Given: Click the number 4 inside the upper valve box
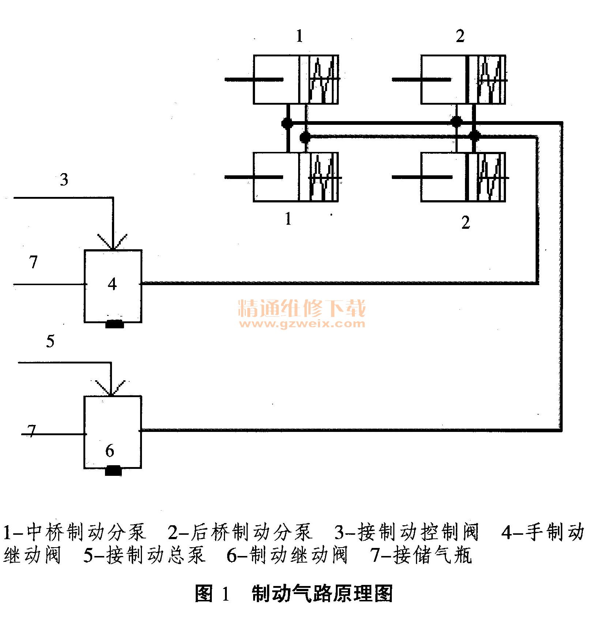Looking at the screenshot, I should pyautogui.click(x=112, y=284).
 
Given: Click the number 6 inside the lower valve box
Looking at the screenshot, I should pyautogui.click(x=110, y=451).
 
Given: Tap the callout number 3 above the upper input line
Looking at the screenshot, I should pyautogui.click(x=64, y=180).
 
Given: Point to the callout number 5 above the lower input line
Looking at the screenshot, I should pyautogui.click(x=50, y=341).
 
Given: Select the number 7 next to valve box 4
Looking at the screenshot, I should pyautogui.click(x=33, y=262).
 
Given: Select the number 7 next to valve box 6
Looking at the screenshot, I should pyautogui.click(x=32, y=431).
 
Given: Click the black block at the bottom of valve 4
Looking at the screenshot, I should pyautogui.click(x=115, y=324).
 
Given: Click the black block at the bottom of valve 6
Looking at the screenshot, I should pyautogui.click(x=113, y=470).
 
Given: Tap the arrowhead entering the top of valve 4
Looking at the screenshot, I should pyautogui.click(x=113, y=243).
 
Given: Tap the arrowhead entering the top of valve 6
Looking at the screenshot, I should pyautogui.click(x=110, y=389).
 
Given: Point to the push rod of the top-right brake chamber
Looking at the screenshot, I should pyautogui.click(x=421, y=79).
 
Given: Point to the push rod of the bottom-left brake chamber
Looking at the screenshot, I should pyautogui.click(x=254, y=177).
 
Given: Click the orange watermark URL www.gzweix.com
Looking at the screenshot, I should pyautogui.click(x=302, y=324).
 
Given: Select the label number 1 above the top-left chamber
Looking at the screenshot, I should pyautogui.click(x=300, y=36).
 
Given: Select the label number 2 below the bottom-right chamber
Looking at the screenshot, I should pyautogui.click(x=465, y=223).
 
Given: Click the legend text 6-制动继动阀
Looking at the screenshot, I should pyautogui.click(x=287, y=555).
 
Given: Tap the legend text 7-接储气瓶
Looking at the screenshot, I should pyautogui.click(x=421, y=555).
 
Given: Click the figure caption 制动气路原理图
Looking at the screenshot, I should pyautogui.click(x=322, y=593).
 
